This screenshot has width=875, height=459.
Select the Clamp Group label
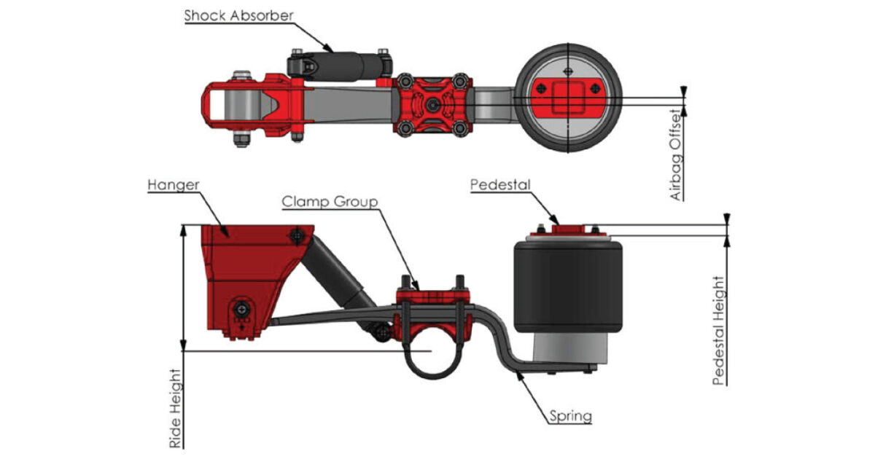tap(331, 201)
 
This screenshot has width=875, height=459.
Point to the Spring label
tap(571, 417)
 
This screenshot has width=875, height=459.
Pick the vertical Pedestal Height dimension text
tap(718, 329)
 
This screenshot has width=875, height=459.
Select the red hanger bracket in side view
tap(241, 270)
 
